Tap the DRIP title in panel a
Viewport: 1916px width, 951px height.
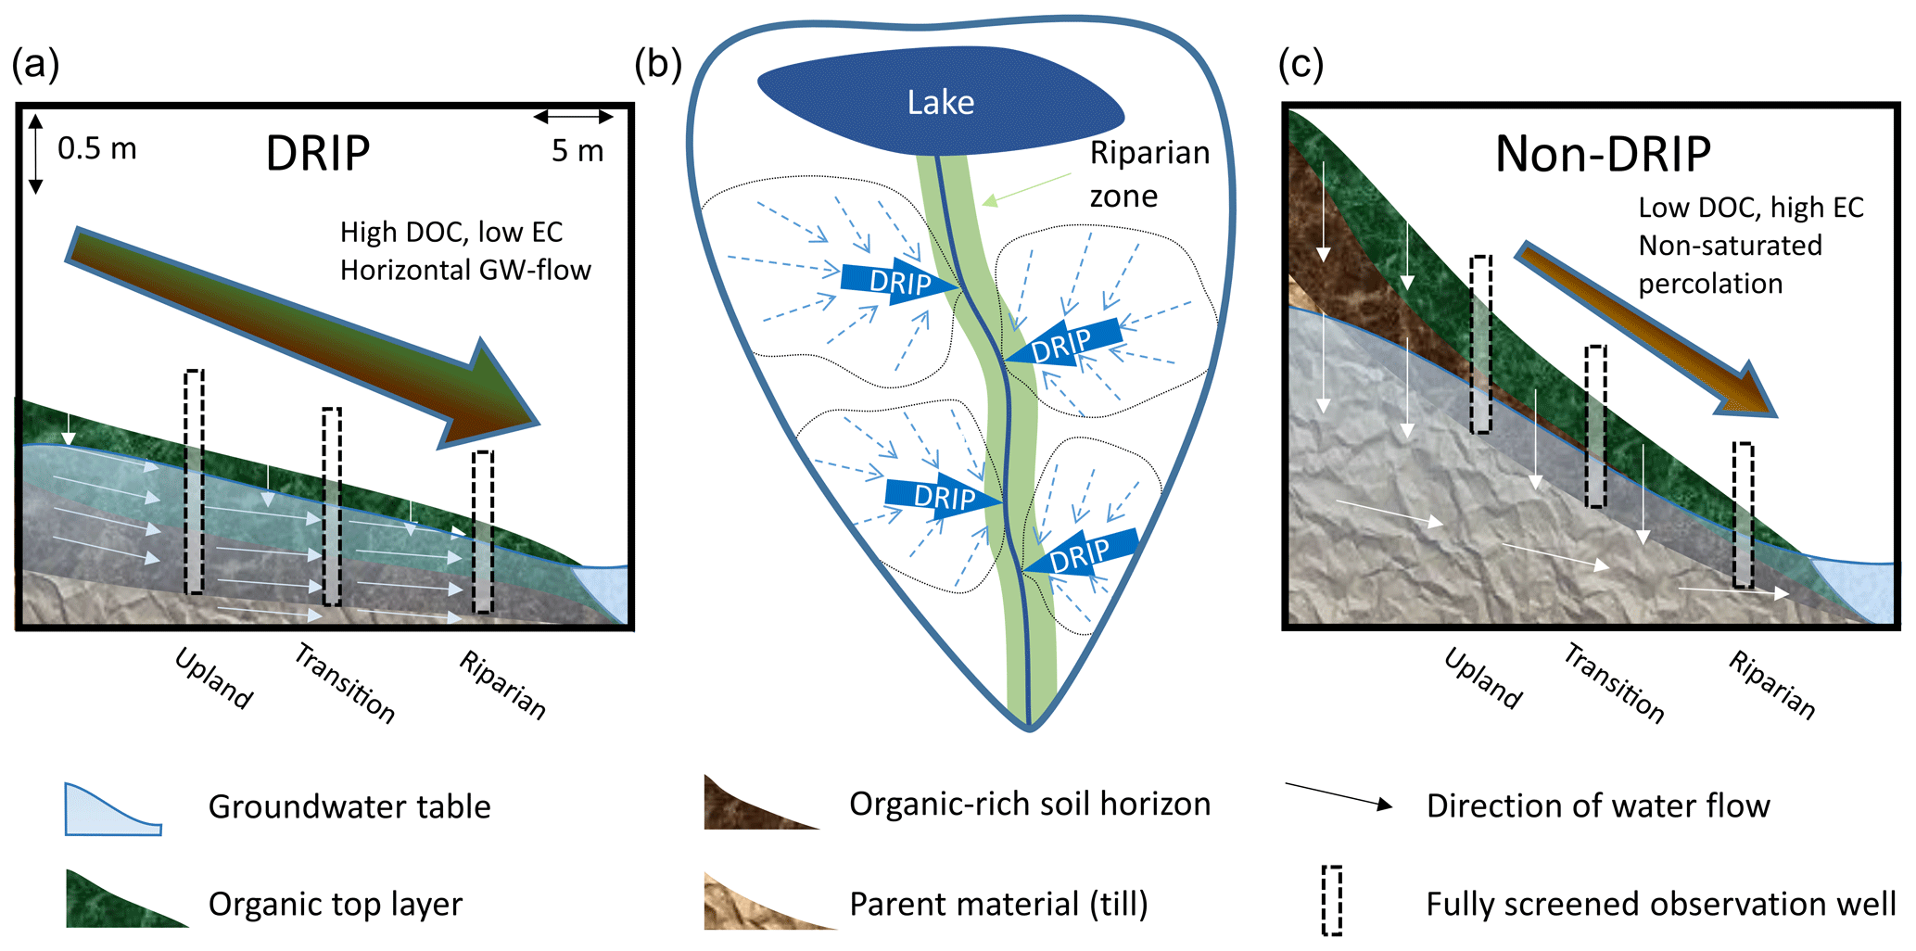[318, 153]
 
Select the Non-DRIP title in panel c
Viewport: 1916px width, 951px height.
[1603, 154]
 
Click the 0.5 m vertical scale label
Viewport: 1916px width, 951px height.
[96, 148]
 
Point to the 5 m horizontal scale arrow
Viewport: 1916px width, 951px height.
[574, 117]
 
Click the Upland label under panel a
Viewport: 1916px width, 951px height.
[214, 679]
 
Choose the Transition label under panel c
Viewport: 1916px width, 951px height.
[1614, 683]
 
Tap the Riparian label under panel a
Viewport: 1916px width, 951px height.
[503, 685]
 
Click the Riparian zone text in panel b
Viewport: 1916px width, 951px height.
[1148, 173]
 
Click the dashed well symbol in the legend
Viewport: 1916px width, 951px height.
[1331, 900]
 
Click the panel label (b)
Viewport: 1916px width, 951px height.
[657, 64]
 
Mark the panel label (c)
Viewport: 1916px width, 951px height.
[1301, 64]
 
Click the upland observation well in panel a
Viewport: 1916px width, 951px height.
[194, 482]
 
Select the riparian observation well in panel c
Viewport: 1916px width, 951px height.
[1744, 515]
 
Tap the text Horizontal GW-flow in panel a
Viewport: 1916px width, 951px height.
[465, 270]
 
